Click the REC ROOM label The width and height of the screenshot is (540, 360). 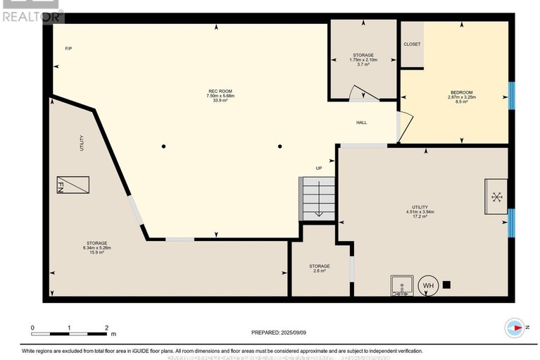[x=220, y=92]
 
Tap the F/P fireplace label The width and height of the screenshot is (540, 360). [x=68, y=48]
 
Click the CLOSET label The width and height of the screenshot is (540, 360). [x=412, y=44]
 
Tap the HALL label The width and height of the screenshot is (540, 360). [x=361, y=123]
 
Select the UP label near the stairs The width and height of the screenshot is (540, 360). [x=318, y=168]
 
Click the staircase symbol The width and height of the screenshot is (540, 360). [x=318, y=198]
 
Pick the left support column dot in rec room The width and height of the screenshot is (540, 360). [x=163, y=147]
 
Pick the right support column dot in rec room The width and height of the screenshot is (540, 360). [x=280, y=147]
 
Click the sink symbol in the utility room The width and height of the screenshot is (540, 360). [x=401, y=286]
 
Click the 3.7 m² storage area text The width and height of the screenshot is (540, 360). [x=363, y=65]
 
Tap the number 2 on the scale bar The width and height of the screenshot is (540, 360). [x=106, y=328]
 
